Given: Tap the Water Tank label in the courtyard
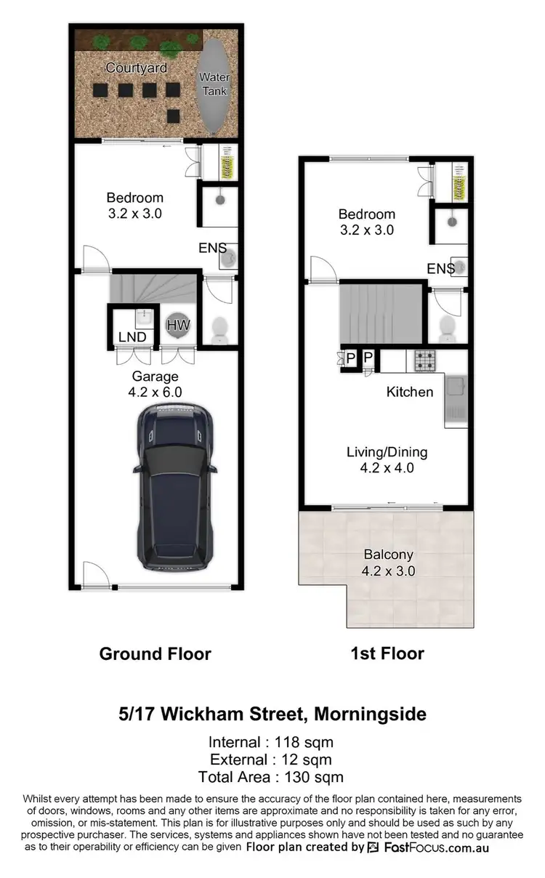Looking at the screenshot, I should point(214,84).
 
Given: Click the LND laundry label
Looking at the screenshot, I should point(132,337).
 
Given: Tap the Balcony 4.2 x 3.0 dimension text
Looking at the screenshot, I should point(388,563).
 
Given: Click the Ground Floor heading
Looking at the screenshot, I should point(155,653).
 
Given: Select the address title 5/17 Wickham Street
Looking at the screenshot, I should point(272,714).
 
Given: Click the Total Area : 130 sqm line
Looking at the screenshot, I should point(271,778).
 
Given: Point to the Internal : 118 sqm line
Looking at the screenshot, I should point(271,742).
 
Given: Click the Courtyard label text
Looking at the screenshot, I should point(136,68).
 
